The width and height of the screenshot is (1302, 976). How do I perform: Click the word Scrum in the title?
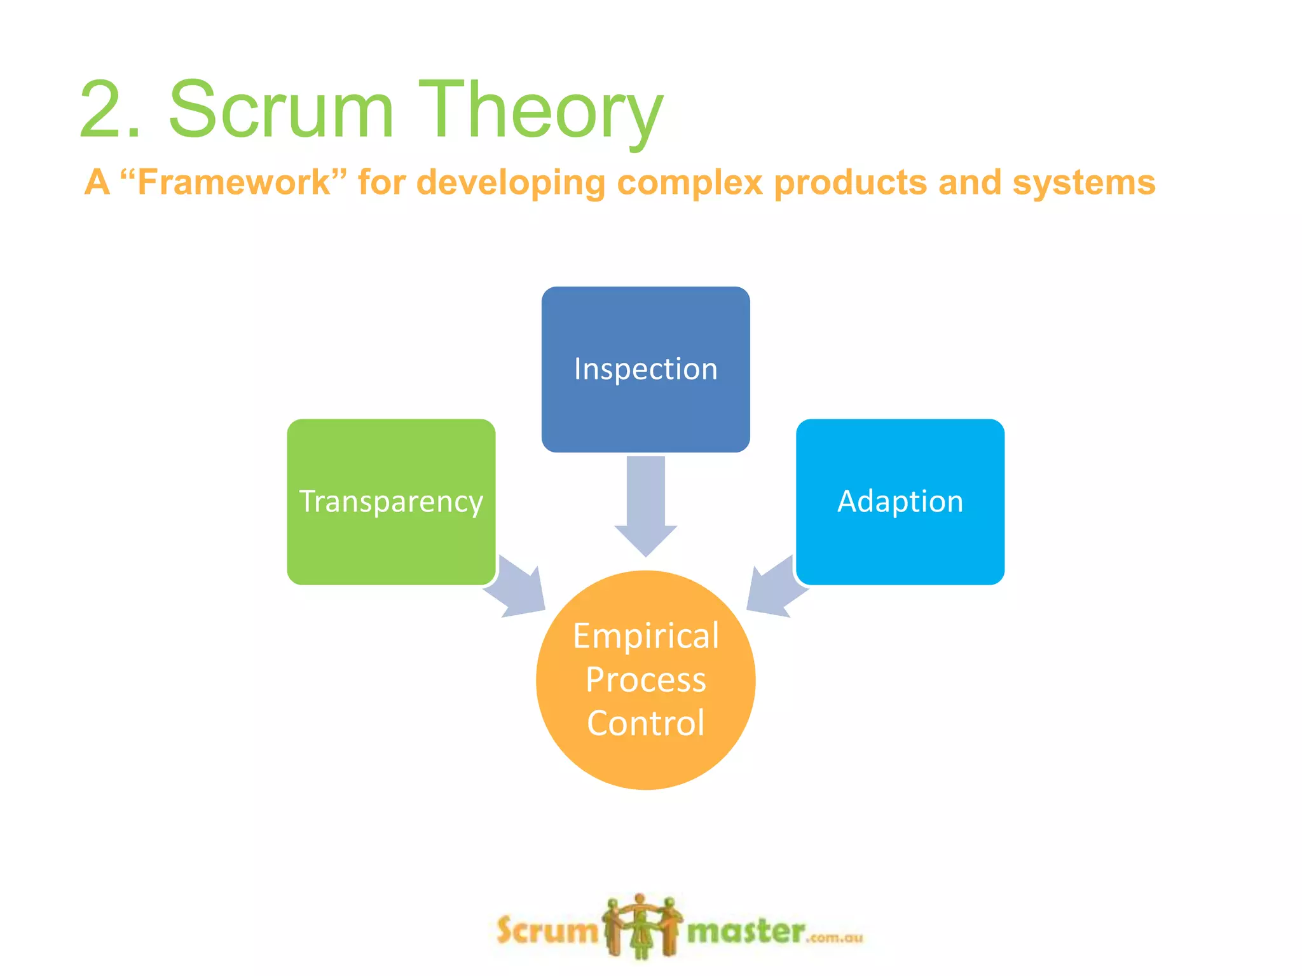click(280, 109)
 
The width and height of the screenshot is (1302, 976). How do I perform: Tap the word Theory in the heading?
click(540, 111)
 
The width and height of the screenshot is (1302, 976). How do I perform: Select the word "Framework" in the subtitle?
click(233, 182)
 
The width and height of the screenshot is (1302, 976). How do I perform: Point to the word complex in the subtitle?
click(689, 184)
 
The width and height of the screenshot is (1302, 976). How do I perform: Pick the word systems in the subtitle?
click(1083, 184)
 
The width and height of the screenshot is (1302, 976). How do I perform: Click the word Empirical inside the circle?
click(645, 636)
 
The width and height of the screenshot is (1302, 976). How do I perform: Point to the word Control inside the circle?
click(645, 723)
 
